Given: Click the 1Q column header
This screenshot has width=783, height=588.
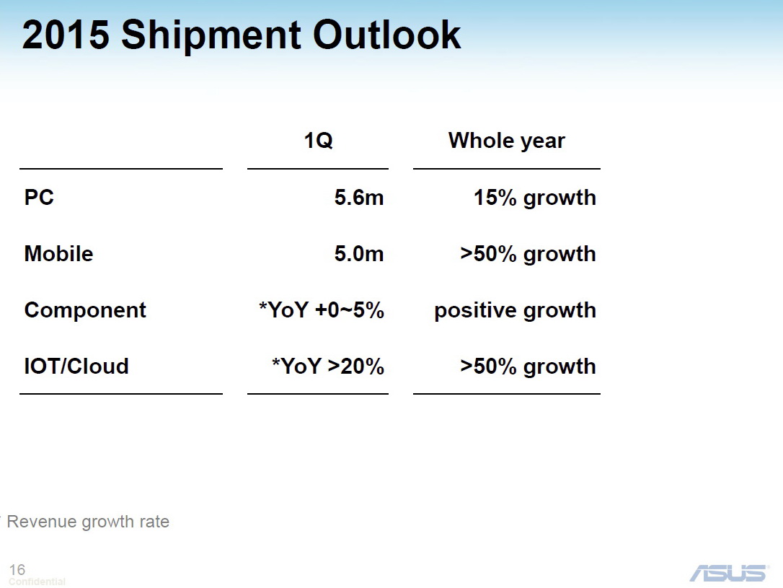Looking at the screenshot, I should [318, 141].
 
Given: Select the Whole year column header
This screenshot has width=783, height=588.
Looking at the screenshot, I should [506, 141].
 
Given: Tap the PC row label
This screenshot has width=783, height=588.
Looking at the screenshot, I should [40, 198].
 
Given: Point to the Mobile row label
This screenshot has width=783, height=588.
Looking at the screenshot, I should [58, 254].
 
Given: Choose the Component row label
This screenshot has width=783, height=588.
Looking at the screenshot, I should [85, 310].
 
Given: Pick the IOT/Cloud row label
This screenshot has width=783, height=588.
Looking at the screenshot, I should [76, 367].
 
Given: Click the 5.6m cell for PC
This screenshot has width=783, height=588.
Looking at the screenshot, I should [358, 198].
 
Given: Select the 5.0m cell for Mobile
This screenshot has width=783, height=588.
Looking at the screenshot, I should [358, 254].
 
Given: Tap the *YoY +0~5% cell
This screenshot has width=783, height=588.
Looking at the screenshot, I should [321, 310].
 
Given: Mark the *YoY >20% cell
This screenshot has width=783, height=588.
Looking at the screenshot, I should [327, 367].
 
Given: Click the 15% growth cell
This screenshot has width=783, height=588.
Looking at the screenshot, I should [534, 198].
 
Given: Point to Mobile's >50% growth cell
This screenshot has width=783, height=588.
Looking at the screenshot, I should [528, 254].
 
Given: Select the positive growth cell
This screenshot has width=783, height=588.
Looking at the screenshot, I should [515, 310].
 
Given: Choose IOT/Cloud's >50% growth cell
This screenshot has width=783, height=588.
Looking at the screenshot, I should [528, 367].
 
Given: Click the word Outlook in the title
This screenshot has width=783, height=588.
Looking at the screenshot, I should [387, 35].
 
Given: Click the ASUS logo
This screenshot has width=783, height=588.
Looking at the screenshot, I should [728, 573].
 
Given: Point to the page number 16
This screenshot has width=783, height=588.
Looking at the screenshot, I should [17, 570].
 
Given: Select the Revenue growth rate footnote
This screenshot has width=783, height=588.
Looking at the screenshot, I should [88, 522].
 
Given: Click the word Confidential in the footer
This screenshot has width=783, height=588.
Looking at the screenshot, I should [37, 582].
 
